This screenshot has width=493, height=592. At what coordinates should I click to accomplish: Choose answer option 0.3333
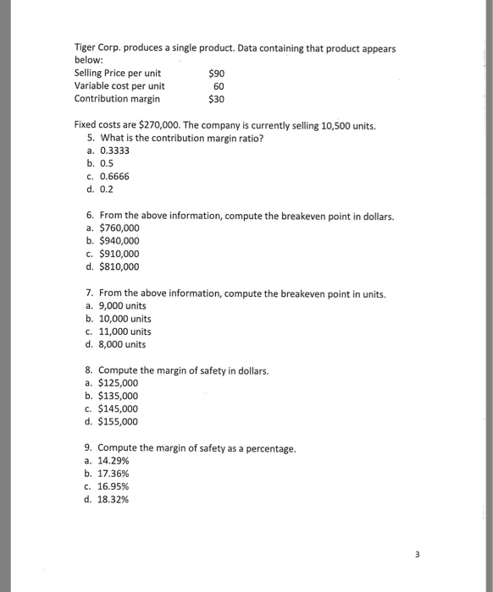click(x=114, y=151)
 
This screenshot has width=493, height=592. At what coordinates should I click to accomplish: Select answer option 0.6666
click(x=114, y=176)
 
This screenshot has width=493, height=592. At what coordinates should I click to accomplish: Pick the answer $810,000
click(x=119, y=267)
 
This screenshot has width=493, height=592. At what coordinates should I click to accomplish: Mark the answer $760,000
click(x=119, y=228)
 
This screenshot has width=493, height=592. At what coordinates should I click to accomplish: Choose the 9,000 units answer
click(x=122, y=306)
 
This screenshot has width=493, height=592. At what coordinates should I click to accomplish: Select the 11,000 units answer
click(x=125, y=332)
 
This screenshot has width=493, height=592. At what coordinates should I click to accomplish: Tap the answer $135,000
click(x=119, y=396)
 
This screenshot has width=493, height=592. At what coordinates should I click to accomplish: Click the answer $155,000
click(x=119, y=421)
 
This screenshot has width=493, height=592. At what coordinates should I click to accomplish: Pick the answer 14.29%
click(x=116, y=460)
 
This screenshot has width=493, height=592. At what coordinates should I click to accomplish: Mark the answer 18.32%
click(x=116, y=499)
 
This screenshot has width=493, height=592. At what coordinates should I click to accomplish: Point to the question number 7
click(x=91, y=293)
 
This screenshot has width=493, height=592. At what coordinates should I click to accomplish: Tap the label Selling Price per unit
click(x=118, y=73)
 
